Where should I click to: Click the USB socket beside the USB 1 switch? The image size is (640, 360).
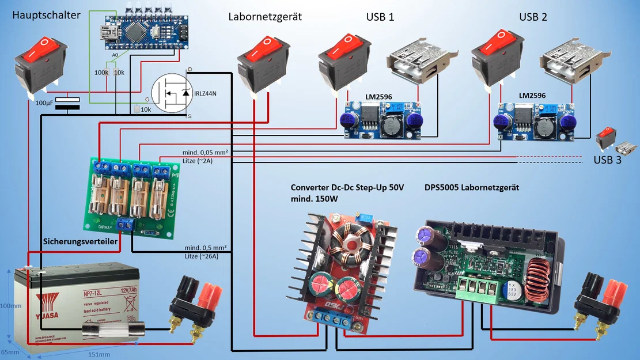415,60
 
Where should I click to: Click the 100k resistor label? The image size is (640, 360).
101,73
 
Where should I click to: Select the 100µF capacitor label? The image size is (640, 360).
45,103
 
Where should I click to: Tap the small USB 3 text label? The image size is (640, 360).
608,160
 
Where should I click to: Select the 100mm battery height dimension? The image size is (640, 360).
7,305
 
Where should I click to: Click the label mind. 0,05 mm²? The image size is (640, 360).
205,152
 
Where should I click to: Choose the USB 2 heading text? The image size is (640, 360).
533,17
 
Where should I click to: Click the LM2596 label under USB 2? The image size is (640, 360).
532,96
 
